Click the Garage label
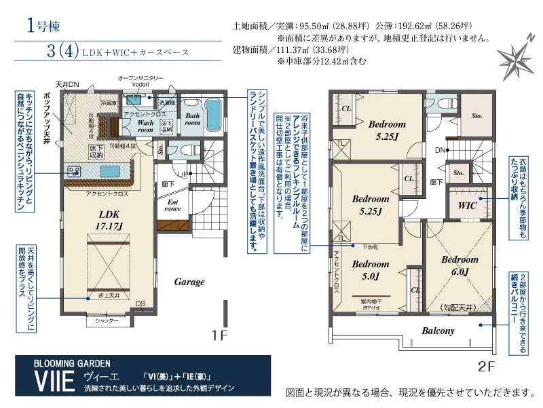[x=189, y=282]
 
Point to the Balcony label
[x=438, y=331]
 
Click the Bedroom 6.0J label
[x=460, y=265]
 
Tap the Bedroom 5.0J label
[x=371, y=270]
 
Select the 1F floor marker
[x=219, y=335]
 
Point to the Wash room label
[x=146, y=126]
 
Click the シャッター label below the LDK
[x=102, y=320]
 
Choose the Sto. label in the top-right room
[x=477, y=115]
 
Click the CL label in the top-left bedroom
[x=345, y=109]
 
